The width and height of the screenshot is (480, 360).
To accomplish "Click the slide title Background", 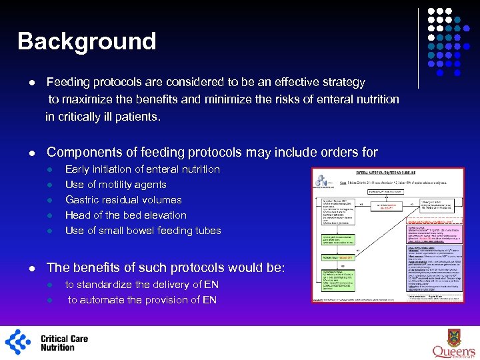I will pyautogui.click(x=87, y=41).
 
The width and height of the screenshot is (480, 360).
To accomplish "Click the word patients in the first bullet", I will pyautogui.click(x=136, y=117).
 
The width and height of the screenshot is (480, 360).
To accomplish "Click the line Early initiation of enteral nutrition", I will pyautogui.click(x=142, y=169).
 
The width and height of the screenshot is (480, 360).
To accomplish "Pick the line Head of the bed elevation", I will pyautogui.click(x=125, y=215).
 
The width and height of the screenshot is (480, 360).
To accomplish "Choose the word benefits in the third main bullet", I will pyautogui.click(x=105, y=268).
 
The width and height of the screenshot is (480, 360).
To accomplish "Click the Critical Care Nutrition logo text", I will pyautogui.click(x=64, y=343).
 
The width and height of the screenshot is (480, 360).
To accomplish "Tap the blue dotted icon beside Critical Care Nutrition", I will pyautogui.click(x=19, y=342).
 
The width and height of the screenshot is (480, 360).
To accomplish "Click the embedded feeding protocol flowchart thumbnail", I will pyautogui.click(x=388, y=235).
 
